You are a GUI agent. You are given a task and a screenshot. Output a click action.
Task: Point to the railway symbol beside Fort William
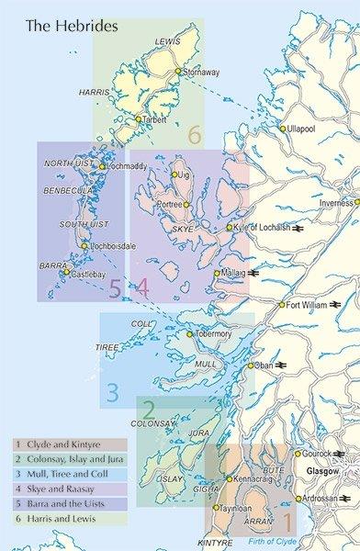[339, 304]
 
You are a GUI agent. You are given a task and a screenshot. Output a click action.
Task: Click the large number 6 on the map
[194, 135]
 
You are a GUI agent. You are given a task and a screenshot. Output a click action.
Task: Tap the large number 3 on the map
[112, 393]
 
